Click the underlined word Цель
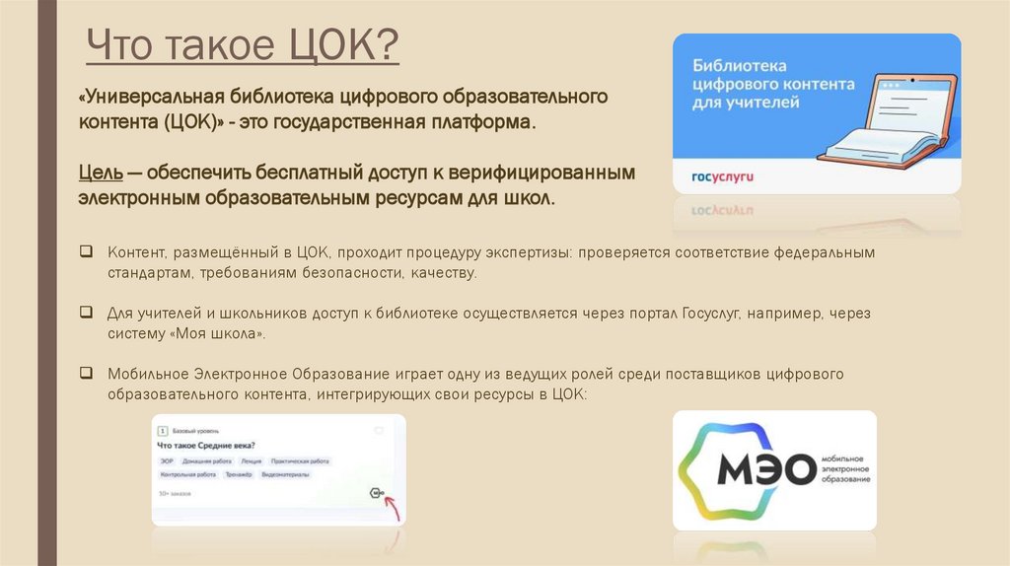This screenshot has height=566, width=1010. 102,173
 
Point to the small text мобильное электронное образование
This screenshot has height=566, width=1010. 846,470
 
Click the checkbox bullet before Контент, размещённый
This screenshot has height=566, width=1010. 88,252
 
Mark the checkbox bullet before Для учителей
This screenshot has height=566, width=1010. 88,313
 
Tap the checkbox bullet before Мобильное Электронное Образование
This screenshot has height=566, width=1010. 88,374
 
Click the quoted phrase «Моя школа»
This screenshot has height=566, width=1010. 220,334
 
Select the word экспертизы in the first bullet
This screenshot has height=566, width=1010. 526,252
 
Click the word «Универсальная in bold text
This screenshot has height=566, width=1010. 151,99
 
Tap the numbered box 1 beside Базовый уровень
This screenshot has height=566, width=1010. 162,431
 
